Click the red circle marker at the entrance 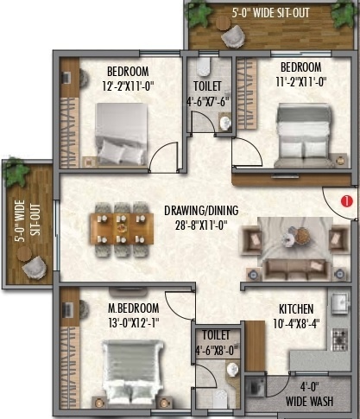345,201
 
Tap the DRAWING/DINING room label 201,210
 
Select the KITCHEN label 296,309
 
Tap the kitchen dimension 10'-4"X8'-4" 296,323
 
